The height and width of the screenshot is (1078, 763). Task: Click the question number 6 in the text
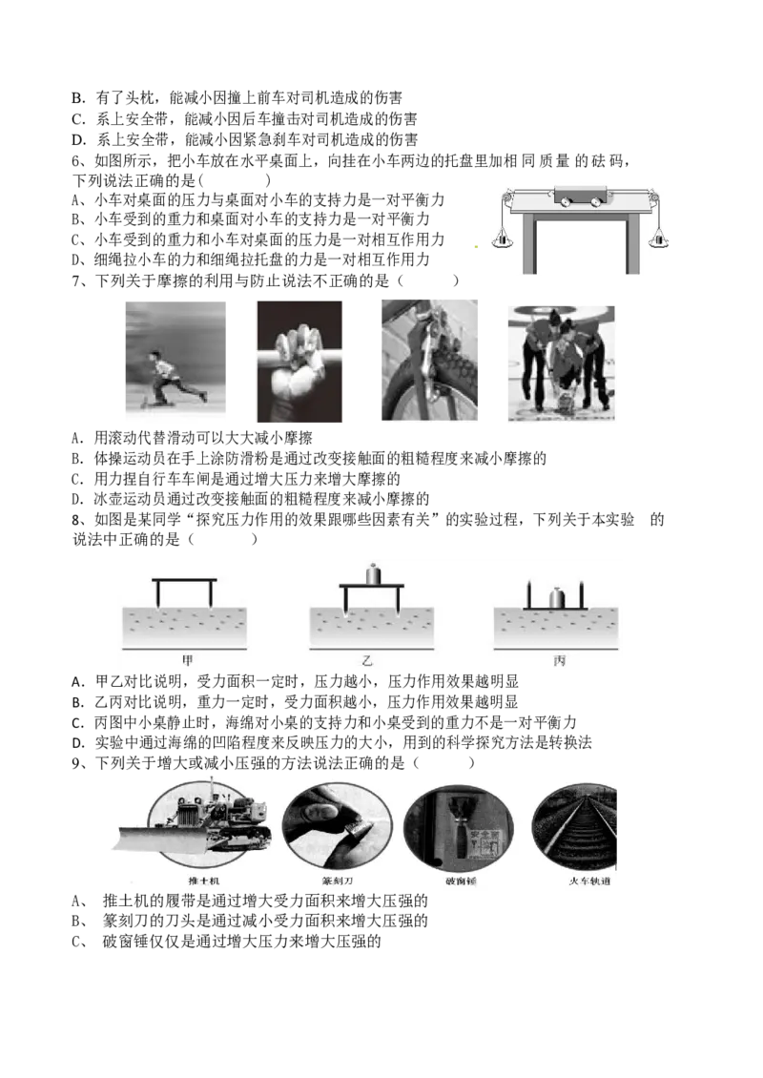point(76,161)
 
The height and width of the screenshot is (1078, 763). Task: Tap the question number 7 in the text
point(76,280)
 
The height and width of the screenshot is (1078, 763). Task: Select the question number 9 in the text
point(76,762)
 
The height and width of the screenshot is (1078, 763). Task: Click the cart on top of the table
point(579,196)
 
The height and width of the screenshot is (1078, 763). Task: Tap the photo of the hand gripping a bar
point(299,361)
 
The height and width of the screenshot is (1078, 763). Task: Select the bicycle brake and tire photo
point(429,360)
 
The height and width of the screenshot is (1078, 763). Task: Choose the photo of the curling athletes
point(561,363)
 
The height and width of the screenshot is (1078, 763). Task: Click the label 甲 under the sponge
point(187,661)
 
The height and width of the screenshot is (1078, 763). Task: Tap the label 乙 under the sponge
point(367,661)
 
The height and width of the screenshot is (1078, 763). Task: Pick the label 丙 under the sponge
point(560,661)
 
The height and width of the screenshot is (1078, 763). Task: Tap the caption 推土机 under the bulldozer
point(204,881)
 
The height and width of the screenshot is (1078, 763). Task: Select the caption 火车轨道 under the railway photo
point(589,881)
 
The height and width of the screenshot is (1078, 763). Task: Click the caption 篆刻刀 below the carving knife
point(337,881)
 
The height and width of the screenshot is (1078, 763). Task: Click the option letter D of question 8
point(77,742)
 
